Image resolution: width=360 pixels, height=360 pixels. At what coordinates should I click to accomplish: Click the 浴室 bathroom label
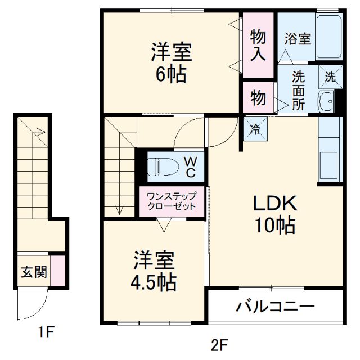[298, 39]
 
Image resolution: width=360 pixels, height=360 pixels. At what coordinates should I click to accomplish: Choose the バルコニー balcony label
[275, 307]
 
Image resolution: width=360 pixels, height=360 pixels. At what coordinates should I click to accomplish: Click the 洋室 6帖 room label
[171, 63]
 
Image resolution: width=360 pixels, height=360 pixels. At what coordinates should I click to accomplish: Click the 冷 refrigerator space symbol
[255, 129]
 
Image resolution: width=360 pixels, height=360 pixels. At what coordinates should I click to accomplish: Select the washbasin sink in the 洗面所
[326, 102]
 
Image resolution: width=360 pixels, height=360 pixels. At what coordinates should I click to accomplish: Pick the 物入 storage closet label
[258, 46]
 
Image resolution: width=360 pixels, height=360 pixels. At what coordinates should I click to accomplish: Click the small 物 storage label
[258, 98]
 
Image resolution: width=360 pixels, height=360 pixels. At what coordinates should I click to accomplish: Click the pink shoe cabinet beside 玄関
[57, 271]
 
